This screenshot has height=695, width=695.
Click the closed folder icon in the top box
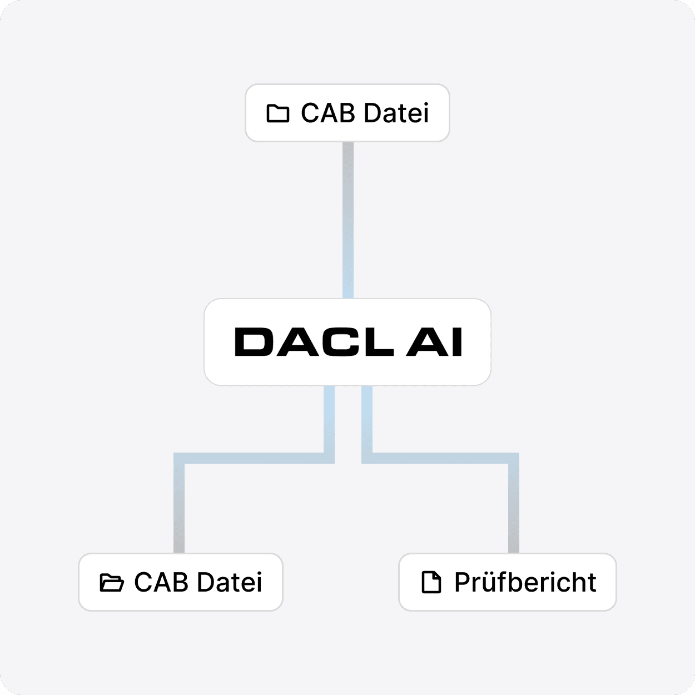(x=278, y=113)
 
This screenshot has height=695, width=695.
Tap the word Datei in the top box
(x=397, y=113)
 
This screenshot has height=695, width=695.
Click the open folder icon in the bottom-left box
(x=111, y=582)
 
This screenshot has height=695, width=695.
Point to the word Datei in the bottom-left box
(x=230, y=582)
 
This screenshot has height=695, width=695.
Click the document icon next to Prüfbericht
(x=431, y=582)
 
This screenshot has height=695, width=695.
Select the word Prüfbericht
(x=525, y=582)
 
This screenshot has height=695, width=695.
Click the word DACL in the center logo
(x=314, y=342)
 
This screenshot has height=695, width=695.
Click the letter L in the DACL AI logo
(x=379, y=342)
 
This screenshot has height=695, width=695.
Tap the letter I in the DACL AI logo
(x=456, y=342)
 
